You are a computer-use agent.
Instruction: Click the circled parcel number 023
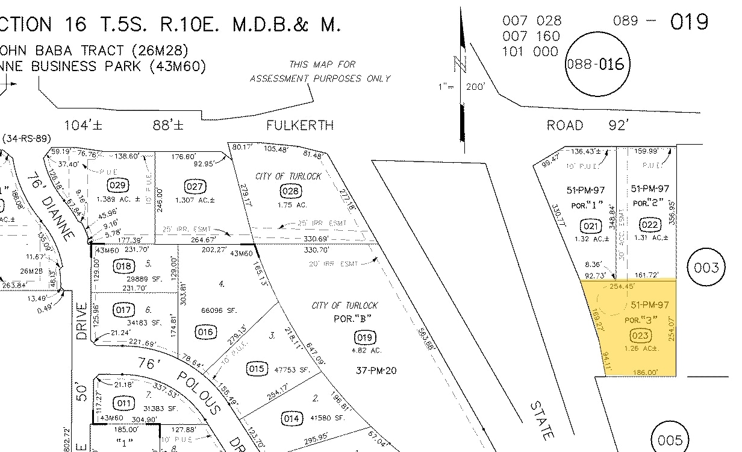point(639,336)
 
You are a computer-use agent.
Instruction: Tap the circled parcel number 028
point(290,192)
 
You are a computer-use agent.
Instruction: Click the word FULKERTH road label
point(300,125)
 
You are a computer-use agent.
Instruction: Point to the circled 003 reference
point(706,268)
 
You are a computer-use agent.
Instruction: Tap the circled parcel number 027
point(195,186)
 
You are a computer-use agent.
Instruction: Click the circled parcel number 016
point(205,331)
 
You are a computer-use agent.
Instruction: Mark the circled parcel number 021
point(591,226)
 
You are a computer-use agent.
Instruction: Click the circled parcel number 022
point(649,225)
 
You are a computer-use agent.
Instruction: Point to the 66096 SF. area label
point(219,310)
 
